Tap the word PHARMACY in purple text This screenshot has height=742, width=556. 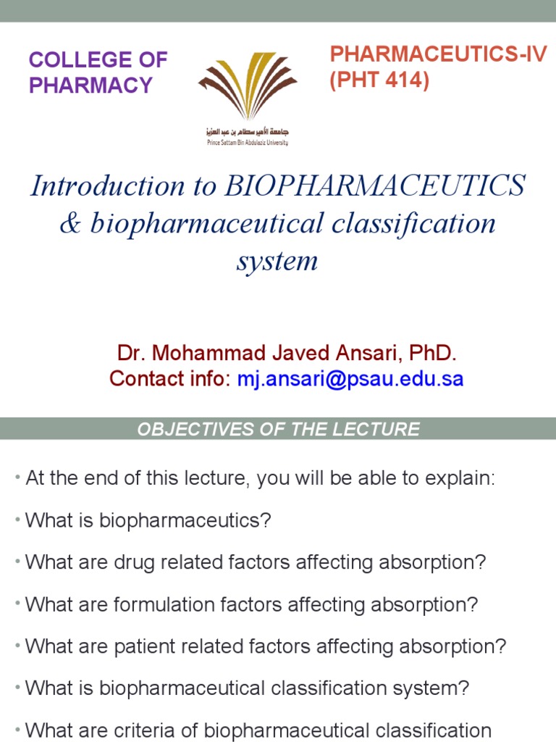[x=90, y=85]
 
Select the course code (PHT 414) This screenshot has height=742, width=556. [x=379, y=81]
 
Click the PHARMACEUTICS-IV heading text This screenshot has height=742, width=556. [x=438, y=55]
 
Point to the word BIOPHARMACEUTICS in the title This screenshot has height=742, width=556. [x=376, y=186]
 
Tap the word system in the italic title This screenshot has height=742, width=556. [x=277, y=261]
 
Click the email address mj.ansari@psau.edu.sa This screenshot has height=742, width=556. [x=350, y=378]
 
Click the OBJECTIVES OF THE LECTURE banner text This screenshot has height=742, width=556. [x=278, y=429]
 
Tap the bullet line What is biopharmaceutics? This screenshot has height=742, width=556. [x=148, y=520]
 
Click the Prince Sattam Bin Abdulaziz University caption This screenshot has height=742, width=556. [x=247, y=143]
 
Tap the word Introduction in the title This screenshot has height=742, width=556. [x=87, y=186]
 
